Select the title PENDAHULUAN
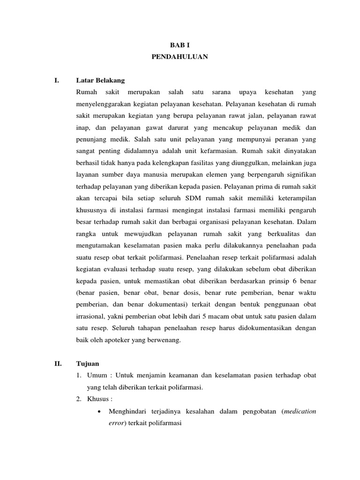[x=180, y=57]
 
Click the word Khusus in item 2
[x=97, y=399]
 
